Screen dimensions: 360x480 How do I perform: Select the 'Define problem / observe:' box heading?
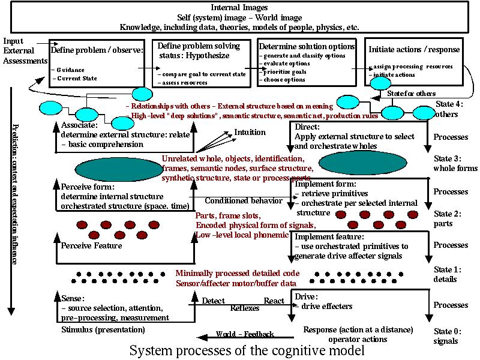(97, 50)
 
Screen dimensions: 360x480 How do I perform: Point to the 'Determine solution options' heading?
(306, 46)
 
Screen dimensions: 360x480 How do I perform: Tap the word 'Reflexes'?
(246, 308)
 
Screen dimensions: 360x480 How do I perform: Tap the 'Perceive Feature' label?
(92, 245)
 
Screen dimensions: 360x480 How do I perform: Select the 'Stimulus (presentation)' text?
(103, 329)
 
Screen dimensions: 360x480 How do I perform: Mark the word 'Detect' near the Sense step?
(214, 300)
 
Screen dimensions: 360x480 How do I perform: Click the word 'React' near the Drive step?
(275, 300)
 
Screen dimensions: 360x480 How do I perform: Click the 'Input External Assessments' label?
(24, 50)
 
